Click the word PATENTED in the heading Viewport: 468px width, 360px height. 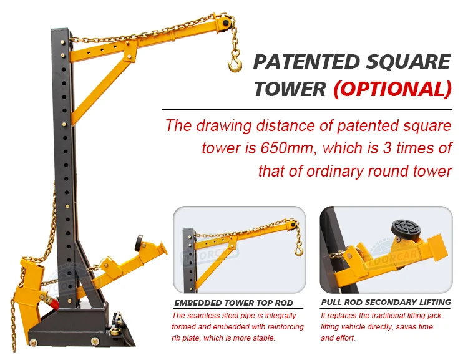tap(306, 62)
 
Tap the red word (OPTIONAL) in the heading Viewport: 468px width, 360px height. tap(392, 89)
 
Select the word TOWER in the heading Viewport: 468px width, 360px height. tap(290, 89)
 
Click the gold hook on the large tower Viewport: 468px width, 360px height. tap(235, 61)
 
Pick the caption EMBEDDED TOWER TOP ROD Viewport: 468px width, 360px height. tap(232, 303)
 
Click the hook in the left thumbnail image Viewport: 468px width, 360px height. tap(299, 250)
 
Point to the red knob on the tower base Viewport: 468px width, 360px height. tap(54, 304)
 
